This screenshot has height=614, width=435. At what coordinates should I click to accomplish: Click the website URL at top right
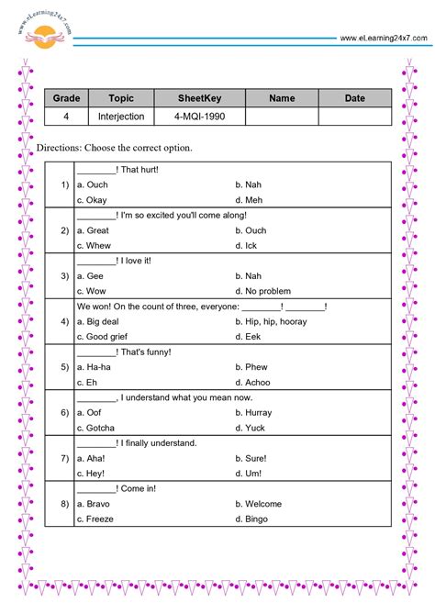coord(383,38)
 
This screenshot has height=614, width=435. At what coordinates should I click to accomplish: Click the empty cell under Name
coord(282,117)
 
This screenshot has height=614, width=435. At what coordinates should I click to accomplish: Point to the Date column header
coord(354,98)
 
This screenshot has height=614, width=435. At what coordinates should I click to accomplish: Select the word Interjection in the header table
coord(120,117)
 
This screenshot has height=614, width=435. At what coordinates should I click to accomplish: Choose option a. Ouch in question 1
coord(93,184)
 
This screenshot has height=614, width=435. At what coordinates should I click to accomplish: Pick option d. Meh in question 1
coord(249,200)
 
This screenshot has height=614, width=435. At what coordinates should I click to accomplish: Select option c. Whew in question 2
coord(94,245)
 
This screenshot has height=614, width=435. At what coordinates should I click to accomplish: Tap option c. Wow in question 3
coord(93,291)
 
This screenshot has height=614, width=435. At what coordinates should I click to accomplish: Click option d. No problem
coord(262,291)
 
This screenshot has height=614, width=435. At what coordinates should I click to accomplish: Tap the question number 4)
coord(64,321)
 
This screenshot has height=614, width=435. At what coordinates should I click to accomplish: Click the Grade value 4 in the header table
coord(66,117)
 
